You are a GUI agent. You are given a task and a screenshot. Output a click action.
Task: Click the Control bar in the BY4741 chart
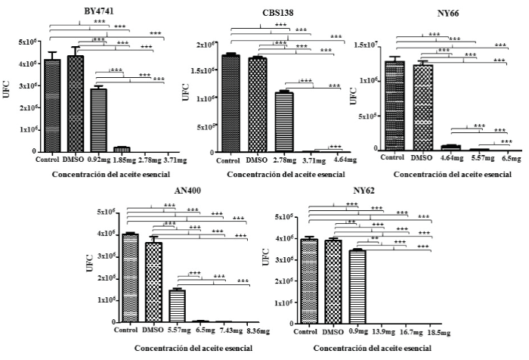pos(53,106)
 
